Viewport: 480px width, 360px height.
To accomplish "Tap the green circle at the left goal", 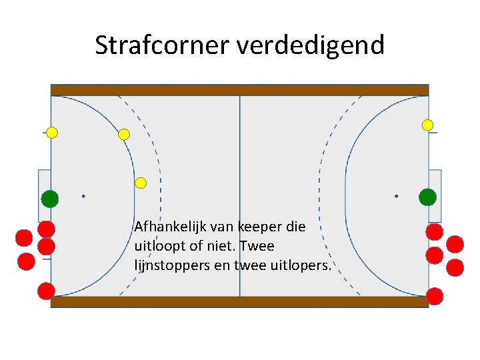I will tap(49, 198).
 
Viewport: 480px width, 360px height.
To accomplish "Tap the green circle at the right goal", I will tap(427, 197).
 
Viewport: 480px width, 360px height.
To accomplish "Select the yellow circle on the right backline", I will tap(428, 125).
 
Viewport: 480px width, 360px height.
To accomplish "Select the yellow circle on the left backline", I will tap(52, 133).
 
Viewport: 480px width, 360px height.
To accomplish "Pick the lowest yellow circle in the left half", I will tap(141, 183).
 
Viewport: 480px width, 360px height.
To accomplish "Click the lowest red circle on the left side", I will tap(46, 291).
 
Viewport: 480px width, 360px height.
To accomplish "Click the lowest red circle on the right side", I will tap(435, 296).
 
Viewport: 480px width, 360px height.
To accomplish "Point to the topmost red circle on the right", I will tap(435, 231).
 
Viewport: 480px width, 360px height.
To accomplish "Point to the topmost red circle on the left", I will tap(46, 229).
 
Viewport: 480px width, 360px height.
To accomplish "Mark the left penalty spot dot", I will tap(83, 196).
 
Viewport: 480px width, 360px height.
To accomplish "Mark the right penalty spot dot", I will tap(396, 196).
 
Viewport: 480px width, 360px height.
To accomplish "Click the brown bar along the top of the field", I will tap(240, 90).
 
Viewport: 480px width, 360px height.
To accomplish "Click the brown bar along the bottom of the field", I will tap(240, 302).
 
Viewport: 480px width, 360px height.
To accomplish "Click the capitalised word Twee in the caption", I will tap(257, 246).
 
